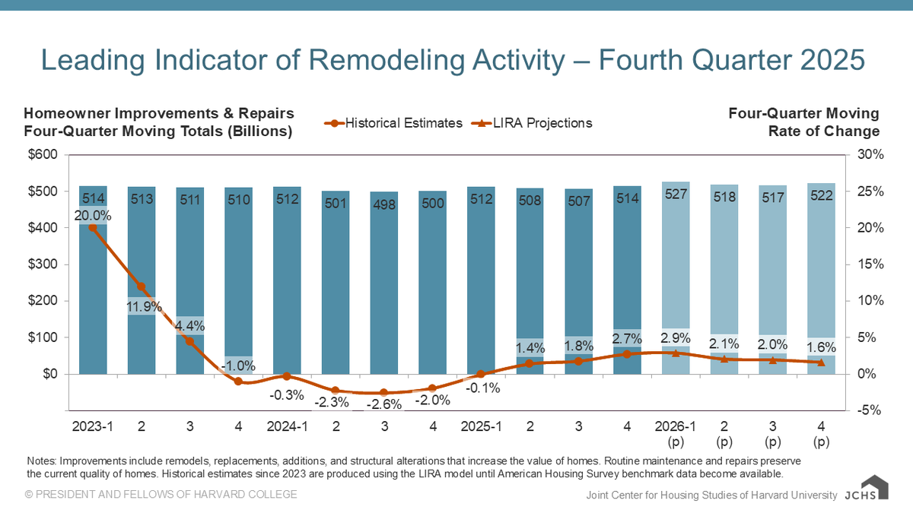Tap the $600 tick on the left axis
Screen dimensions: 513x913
coord(43,155)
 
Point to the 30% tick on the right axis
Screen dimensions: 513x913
coord(867,155)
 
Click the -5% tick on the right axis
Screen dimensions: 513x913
coord(867,410)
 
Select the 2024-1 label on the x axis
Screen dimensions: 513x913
coord(287,427)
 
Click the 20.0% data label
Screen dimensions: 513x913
coord(93,216)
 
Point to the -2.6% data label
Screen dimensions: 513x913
coord(384,404)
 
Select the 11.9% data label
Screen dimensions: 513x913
coord(142,307)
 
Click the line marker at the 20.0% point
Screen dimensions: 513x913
coord(93,227)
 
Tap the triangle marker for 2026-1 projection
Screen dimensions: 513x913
coord(676,353)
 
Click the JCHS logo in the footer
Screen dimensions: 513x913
coord(866,490)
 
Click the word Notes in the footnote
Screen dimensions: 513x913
coord(40,461)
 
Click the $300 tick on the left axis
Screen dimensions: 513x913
coord(43,264)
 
